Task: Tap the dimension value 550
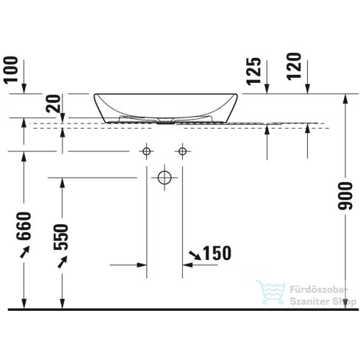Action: click(x=62, y=235)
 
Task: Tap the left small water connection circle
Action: click(x=146, y=151)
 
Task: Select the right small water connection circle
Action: click(x=181, y=151)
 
